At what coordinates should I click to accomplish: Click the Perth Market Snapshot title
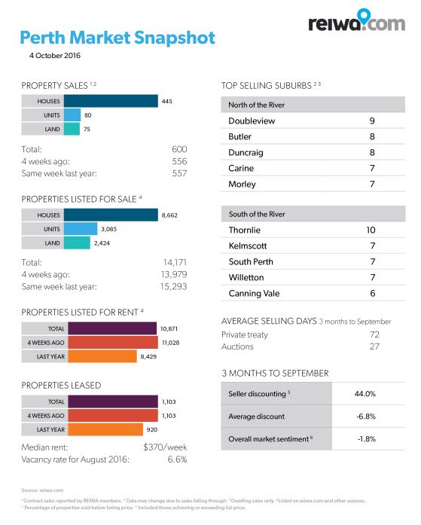(117, 38)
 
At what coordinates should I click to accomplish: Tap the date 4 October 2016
(54, 56)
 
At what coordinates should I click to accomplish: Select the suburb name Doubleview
(252, 121)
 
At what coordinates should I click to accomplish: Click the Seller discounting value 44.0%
(365, 394)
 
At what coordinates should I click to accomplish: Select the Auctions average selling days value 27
(374, 346)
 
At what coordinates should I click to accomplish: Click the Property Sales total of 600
(178, 149)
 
